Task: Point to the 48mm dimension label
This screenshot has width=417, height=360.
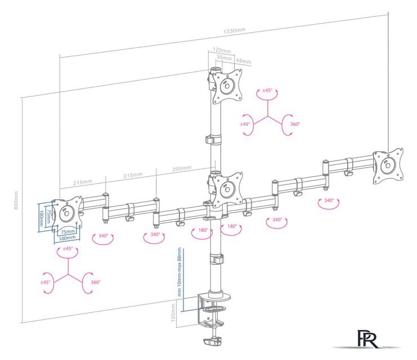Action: click(x=243, y=61)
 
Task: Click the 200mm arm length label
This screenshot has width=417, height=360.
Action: click(x=181, y=168)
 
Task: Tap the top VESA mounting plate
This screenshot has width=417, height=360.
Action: click(x=227, y=86)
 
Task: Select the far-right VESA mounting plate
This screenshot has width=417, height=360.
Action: click(x=388, y=166)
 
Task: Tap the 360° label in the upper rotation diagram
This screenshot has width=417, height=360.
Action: click(x=295, y=124)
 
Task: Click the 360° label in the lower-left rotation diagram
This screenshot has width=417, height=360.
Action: click(x=95, y=282)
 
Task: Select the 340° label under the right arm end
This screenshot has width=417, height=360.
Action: click(x=329, y=200)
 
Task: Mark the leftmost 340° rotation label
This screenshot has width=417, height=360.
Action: click(x=103, y=236)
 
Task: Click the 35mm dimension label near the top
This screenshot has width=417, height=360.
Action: click(x=224, y=57)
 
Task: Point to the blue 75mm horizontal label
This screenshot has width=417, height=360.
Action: click(x=68, y=232)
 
